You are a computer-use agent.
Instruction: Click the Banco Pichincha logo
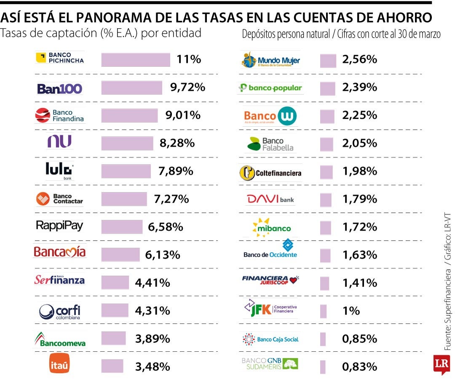[60, 58]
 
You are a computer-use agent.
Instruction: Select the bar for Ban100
[132, 88]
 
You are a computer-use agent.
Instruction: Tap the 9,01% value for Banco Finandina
[183, 115]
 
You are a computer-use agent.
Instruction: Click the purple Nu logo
[59, 141]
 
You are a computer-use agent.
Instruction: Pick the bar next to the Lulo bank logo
[126, 171]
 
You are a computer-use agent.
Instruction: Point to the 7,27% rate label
[171, 199]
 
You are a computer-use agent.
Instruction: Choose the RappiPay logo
[59, 226]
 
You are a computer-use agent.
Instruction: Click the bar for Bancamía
[120, 255]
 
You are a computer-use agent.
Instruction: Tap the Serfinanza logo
[59, 280]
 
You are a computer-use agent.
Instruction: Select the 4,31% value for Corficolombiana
[153, 311]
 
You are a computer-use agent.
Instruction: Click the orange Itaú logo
[59, 365]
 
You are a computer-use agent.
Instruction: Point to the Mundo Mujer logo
[271, 60]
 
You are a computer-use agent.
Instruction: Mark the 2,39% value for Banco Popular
[359, 87]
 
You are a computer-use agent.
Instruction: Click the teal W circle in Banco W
[287, 116]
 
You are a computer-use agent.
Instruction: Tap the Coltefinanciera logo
[270, 173]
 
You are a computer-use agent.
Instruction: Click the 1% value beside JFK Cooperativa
[351, 311]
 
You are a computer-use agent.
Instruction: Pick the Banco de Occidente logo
[270, 249]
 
